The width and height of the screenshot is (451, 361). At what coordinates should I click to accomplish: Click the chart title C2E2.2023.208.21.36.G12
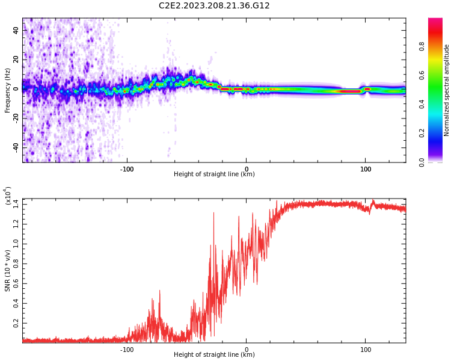pyautogui.click(x=214, y=5)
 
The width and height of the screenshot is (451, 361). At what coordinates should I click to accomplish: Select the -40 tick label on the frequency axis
pyautogui.click(x=16, y=147)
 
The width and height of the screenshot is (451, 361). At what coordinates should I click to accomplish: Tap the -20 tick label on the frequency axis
pyautogui.click(x=16, y=118)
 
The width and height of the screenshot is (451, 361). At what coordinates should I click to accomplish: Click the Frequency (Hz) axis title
pyautogui.click(x=8, y=90)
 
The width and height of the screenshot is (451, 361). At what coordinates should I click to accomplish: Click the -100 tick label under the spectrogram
pyautogui.click(x=127, y=169)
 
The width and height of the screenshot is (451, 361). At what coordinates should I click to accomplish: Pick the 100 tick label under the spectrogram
pyautogui.click(x=365, y=169)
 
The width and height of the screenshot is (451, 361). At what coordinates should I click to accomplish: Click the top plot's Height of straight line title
pyautogui.click(x=214, y=174)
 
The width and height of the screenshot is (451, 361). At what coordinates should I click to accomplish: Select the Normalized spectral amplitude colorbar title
pyautogui.click(x=447, y=90)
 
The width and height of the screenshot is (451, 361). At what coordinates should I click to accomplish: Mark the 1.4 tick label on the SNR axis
pyautogui.click(x=16, y=205)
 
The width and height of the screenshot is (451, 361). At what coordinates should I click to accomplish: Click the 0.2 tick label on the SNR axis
pyautogui.click(x=16, y=323)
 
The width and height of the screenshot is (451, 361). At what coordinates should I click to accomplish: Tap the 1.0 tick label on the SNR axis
pyautogui.click(x=16, y=244)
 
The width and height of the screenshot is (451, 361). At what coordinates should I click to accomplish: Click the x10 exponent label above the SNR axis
pyautogui.click(x=8, y=196)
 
